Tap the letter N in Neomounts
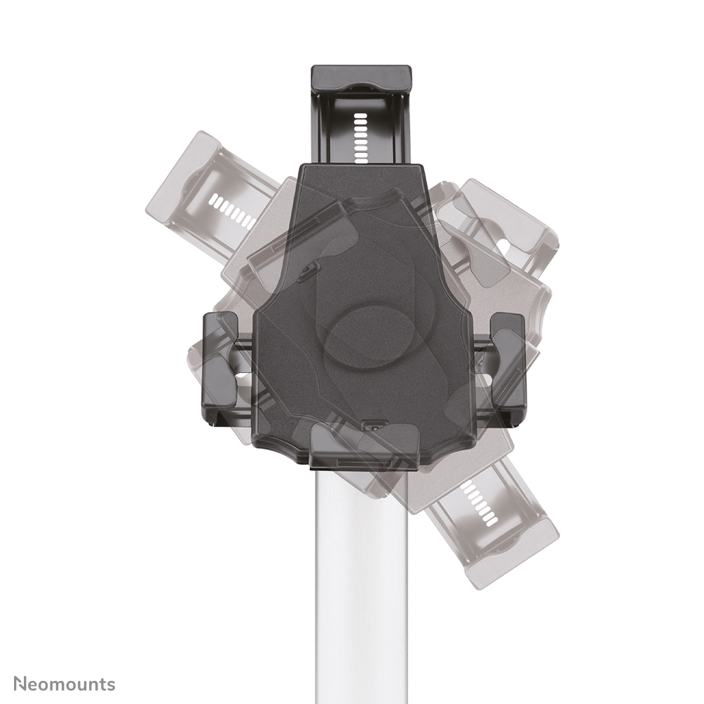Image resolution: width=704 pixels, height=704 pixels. click(21, 684)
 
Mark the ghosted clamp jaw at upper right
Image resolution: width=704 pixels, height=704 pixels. click(501, 224)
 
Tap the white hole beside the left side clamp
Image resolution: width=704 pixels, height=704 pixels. click(242, 379)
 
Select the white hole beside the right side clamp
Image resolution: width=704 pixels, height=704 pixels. click(484, 382)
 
